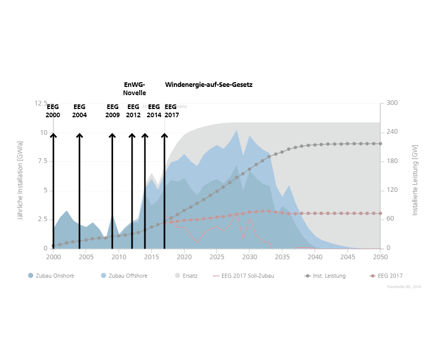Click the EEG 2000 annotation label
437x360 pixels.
pyautogui.click(x=53, y=111)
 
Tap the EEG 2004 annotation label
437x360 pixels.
pyautogui.click(x=79, y=111)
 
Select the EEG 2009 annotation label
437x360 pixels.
pyautogui.click(x=113, y=111)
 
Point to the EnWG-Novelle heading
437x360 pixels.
pyautogui.click(x=135, y=88)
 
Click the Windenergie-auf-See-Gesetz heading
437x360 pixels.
pyautogui.click(x=209, y=84)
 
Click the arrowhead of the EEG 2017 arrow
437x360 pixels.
pyautogui.click(x=165, y=135)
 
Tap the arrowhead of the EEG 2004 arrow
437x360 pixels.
pyautogui.click(x=79, y=135)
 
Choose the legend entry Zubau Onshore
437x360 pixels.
pyautogui.click(x=51, y=276)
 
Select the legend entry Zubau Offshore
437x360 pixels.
pyautogui.click(x=124, y=276)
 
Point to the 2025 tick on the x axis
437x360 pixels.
pyautogui.click(x=217, y=257)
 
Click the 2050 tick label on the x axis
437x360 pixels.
pyautogui.click(x=380, y=257)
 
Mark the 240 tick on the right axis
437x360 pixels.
pyautogui.click(x=392, y=133)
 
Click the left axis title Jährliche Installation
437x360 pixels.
pyautogui.click(x=21, y=181)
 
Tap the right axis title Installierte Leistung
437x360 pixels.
pyautogui.click(x=415, y=179)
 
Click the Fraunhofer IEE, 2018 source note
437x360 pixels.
pyautogui.click(x=404, y=286)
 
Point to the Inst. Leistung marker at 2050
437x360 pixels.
pyautogui.click(x=380, y=143)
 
